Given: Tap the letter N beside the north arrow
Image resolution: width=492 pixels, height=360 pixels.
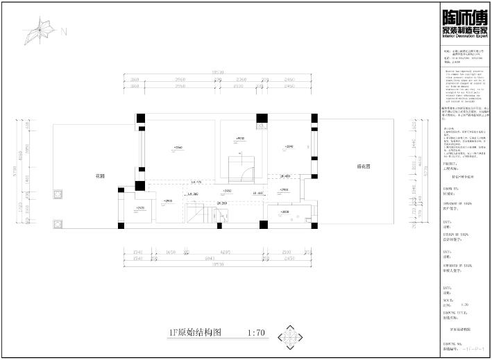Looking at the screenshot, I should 64,31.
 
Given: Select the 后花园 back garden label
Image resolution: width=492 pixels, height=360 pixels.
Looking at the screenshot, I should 364,166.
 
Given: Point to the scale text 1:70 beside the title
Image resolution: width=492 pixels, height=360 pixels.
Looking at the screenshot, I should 256,332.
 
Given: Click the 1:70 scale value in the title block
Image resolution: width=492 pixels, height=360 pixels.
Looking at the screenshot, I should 464,304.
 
